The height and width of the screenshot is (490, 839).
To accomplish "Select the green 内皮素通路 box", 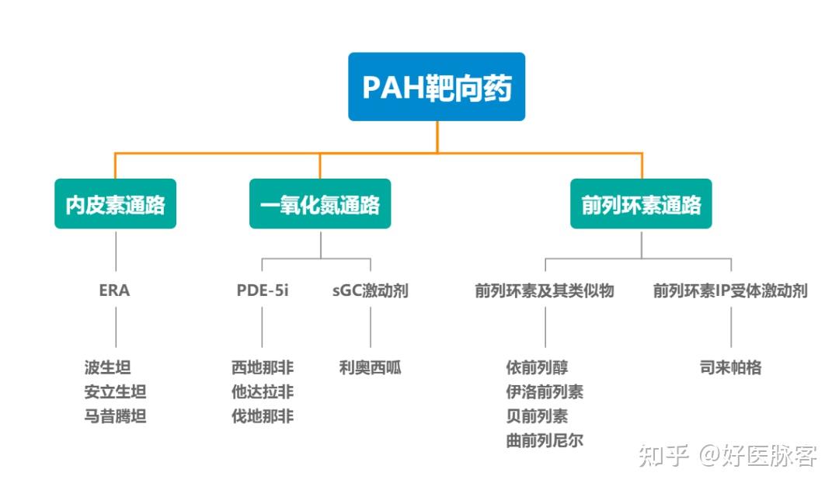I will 115,204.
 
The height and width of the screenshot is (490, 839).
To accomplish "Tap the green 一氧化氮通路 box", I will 320,204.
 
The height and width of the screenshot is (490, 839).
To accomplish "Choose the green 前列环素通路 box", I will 641,204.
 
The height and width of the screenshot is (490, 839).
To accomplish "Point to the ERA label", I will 115,291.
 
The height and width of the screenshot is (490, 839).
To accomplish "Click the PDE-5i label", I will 263,291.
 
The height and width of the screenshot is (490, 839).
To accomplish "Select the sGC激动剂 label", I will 370,291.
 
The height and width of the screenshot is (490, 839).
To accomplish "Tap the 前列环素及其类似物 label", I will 545,291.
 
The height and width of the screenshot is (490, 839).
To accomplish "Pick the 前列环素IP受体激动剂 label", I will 730,291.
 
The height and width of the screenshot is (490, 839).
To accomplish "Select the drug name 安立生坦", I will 115,392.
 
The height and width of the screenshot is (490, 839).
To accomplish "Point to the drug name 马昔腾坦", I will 115,417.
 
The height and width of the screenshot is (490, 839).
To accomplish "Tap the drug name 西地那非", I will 263,367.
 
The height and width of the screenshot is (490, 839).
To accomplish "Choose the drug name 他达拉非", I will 263,392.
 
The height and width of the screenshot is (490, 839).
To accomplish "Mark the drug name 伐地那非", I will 263,417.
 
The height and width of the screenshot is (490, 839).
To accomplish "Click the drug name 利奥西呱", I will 370,367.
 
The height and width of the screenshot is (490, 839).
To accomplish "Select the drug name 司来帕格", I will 730,367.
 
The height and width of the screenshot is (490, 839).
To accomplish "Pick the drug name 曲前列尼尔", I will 545,441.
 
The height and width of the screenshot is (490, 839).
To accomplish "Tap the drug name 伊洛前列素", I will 545,392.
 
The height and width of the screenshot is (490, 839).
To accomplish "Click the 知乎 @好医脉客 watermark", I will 727,456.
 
